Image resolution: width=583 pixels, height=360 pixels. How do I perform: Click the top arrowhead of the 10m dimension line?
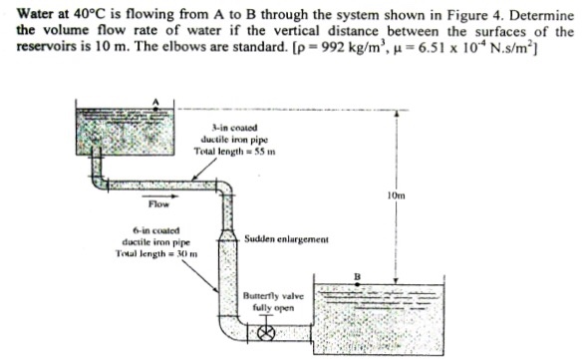[x=397, y=113]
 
